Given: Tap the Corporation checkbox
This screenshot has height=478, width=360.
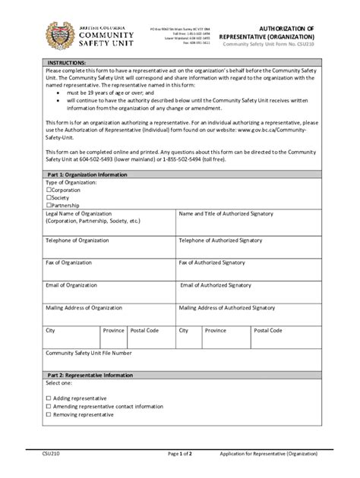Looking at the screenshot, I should [49, 190].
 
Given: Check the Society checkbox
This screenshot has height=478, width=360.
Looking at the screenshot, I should [49, 197].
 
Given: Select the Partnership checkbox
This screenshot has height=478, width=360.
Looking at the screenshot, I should [49, 205].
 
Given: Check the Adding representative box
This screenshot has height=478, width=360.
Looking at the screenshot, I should [49, 398].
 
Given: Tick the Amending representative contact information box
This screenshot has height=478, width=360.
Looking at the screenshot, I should [49, 406].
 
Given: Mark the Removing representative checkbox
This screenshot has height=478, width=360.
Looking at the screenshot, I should [49, 415].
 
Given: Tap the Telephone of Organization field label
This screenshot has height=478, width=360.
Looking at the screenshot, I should [79, 240].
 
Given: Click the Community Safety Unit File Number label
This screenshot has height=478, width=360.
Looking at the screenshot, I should [89, 353].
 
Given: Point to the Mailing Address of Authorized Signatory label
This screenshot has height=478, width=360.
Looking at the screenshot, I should [226, 308].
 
